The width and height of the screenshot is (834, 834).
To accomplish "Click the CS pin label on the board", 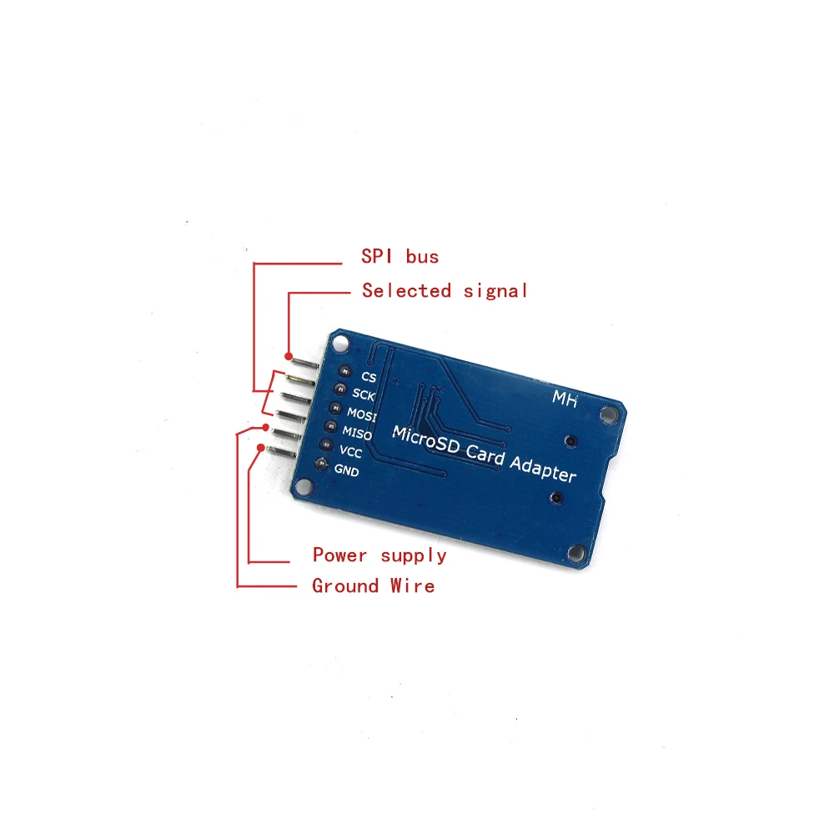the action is [x=369, y=377].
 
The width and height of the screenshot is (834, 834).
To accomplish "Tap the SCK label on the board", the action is [x=364, y=394].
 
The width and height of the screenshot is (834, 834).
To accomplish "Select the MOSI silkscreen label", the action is [x=362, y=414].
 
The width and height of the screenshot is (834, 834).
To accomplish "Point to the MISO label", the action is [x=356, y=434].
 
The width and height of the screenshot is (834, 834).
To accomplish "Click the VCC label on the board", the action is [x=350, y=452].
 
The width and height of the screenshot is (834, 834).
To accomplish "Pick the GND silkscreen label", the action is [x=346, y=470].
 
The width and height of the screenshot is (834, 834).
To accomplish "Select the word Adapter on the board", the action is [x=543, y=468].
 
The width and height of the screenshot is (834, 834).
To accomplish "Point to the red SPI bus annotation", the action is [x=399, y=256].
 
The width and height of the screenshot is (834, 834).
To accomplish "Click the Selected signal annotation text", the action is [x=445, y=290].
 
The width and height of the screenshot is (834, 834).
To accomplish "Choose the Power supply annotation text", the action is [x=379, y=555].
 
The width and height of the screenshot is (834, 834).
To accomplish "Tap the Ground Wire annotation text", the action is [x=373, y=585].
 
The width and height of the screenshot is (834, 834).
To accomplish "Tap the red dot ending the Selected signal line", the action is [x=289, y=355].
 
